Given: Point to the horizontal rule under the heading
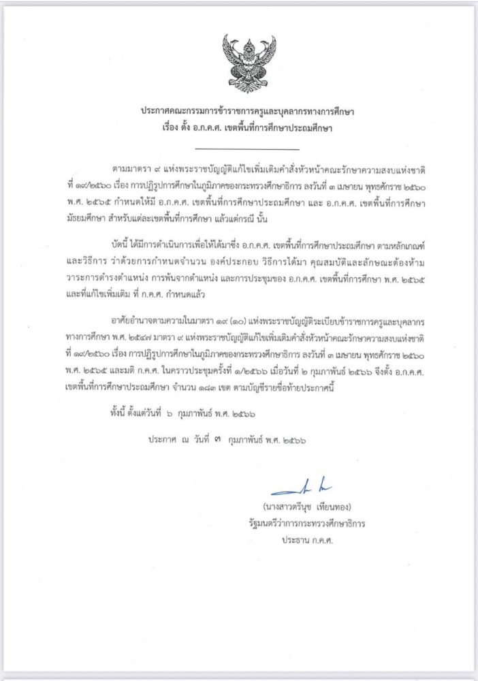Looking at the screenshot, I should click(246, 148).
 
